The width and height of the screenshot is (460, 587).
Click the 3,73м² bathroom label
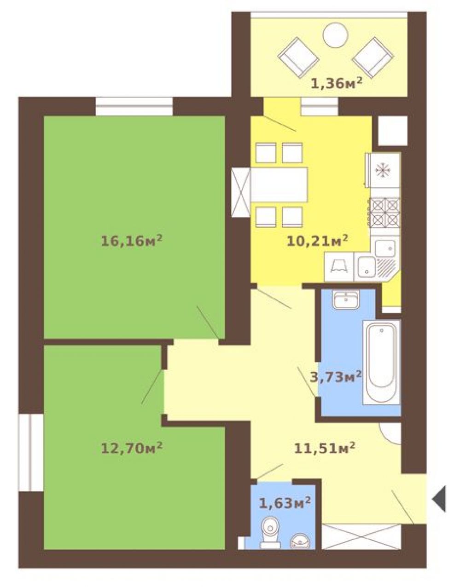coord(336,376)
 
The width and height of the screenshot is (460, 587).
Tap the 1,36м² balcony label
coord(337,83)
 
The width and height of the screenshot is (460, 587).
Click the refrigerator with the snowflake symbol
coord(383,170)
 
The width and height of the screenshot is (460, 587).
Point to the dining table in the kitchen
coord(279,184)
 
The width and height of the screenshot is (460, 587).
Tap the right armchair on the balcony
coord(373,58)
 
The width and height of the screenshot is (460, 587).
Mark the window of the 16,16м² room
coord(134,106)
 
